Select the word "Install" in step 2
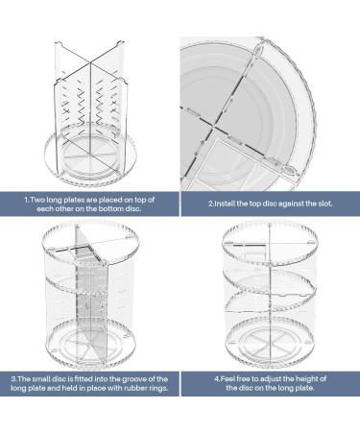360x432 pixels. tap(228, 204)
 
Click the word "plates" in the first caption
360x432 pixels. tap(74, 199)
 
